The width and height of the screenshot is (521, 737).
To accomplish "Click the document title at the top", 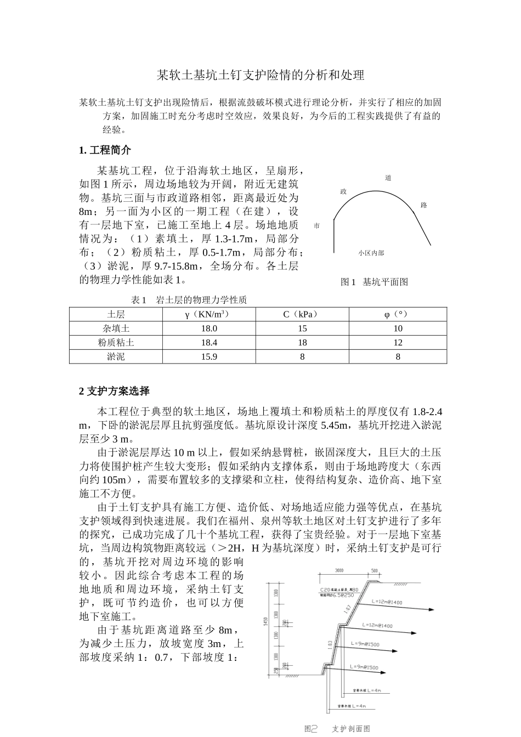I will point(260,75).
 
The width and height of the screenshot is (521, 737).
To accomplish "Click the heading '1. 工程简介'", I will point(105,150).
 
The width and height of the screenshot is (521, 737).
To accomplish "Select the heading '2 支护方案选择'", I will point(114,391).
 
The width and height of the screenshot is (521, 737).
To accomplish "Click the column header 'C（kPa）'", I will point(302,314).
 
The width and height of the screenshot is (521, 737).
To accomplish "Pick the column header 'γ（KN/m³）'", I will point(209,314).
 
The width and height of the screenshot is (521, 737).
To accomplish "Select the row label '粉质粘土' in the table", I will point(116,342).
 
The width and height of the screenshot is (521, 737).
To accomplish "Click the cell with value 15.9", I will point(209,356).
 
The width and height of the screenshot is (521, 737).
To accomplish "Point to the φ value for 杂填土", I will point(398,328).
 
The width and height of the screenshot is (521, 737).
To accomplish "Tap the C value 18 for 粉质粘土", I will point(302,342).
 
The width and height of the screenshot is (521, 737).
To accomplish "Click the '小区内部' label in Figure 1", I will point(371,253).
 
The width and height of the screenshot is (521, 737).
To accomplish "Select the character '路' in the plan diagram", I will point(423,205).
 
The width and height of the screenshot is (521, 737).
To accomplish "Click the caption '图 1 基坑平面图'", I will point(375,282).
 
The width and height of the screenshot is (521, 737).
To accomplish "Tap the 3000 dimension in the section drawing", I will point(339,571).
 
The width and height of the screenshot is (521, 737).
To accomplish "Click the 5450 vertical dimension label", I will point(265,621).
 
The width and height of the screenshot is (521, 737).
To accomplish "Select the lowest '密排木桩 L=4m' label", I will point(352,706).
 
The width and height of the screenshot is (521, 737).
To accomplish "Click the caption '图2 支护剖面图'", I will point(337,729).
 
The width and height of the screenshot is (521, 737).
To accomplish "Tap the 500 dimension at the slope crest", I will point(375,571).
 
